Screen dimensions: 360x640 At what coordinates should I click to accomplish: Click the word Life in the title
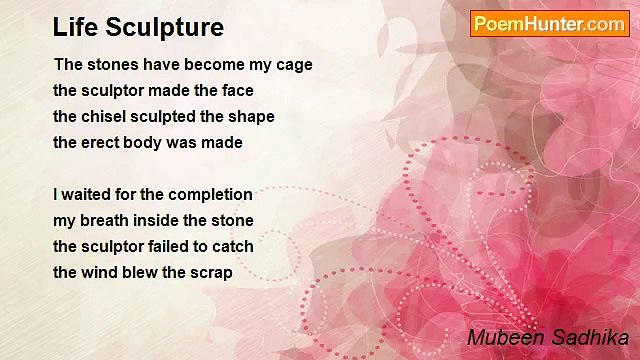click(73, 27)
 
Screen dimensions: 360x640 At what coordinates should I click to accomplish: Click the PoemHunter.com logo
click(549, 24)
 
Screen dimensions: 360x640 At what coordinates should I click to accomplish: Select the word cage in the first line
click(293, 65)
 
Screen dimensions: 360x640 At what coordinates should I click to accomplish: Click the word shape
click(252, 117)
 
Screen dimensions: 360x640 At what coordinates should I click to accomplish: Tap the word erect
click(103, 143)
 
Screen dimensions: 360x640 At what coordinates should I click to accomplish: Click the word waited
click(86, 195)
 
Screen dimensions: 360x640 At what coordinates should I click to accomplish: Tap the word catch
click(233, 247)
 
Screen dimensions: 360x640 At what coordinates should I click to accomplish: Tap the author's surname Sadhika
click(591, 337)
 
